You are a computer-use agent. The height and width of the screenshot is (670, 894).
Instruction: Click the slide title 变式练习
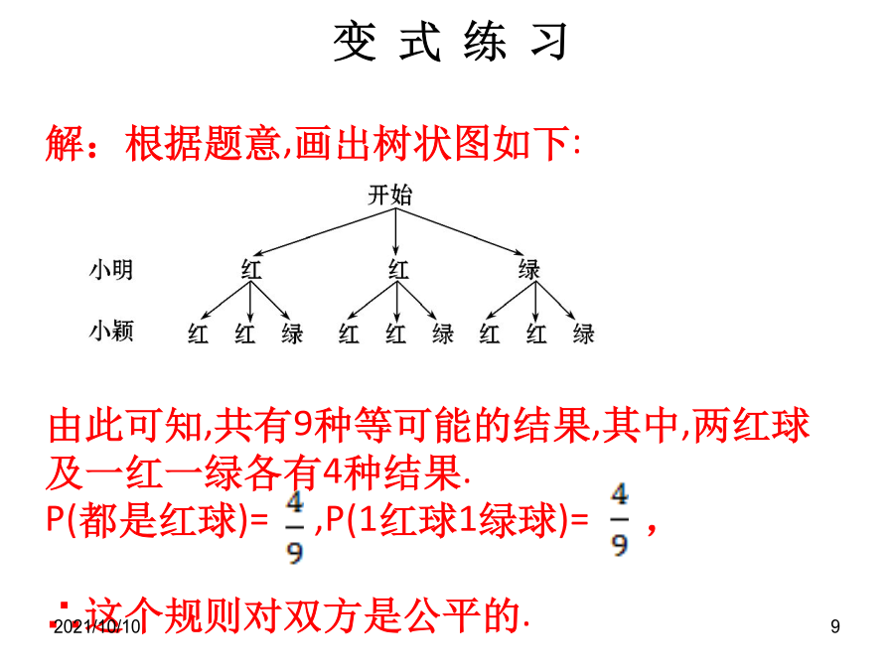(450, 41)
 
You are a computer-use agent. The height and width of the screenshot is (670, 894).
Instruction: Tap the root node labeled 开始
(390, 195)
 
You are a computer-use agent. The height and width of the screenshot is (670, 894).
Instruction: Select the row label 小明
(111, 269)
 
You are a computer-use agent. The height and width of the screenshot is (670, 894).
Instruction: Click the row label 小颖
(111, 331)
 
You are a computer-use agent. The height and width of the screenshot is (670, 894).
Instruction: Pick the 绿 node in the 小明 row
(529, 269)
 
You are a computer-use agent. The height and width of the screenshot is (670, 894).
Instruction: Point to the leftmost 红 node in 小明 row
(251, 269)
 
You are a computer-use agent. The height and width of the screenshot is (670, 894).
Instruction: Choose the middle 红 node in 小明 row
(398, 269)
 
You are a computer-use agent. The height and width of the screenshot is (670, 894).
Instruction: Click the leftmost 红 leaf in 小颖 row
(198, 334)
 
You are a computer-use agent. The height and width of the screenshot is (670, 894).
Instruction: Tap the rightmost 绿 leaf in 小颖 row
(584, 334)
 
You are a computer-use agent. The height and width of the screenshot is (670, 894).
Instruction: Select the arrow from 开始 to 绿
(460, 231)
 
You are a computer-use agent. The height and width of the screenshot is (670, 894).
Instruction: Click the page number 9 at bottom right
(835, 626)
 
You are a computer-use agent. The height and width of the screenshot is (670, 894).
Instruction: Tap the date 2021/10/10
(97, 626)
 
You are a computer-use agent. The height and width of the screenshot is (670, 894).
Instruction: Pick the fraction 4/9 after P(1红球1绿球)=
(619, 519)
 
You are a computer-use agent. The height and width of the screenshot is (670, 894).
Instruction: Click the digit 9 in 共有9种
(303, 426)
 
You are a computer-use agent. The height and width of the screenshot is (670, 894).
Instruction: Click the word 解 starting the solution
(65, 143)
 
